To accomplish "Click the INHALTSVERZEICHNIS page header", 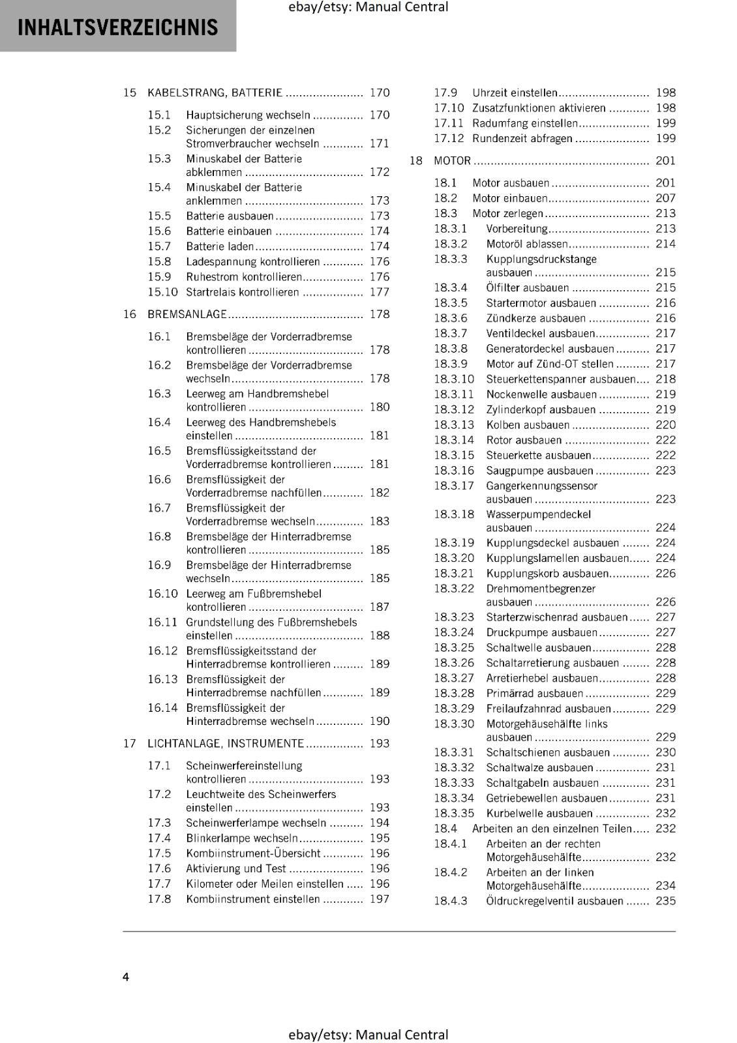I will tap(117, 27).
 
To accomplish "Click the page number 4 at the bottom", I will tap(126, 977).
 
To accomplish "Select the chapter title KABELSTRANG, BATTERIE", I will tap(215, 93).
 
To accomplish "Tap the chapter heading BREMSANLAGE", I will tap(187, 314).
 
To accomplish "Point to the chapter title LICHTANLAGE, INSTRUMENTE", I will tap(226, 743).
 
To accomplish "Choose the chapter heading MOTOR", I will tap(452, 160).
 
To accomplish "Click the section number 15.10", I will tap(162, 292).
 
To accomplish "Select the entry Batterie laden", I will tap(220, 246).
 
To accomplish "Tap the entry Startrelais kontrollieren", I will tap(242, 292).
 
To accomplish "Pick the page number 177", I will tap(379, 292).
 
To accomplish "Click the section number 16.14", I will tap(162, 708).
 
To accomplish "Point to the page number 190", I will tap(379, 721).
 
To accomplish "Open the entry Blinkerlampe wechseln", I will tap(241, 838).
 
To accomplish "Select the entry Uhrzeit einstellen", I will tap(515, 93).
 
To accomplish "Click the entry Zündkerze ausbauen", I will tap(535, 318).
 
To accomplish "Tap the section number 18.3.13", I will tap(454, 425).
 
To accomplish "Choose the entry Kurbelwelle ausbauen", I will tap(539, 814).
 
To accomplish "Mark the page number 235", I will tap(665, 901).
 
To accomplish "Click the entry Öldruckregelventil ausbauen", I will tap(554, 901).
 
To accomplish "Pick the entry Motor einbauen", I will tap(510, 198).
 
